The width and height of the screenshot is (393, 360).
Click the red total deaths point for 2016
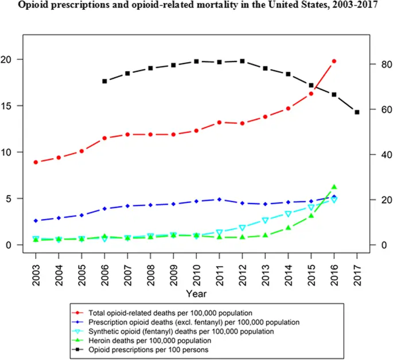(334, 61)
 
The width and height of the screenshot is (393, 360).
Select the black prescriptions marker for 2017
(357, 112)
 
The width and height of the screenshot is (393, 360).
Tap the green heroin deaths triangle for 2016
(334, 187)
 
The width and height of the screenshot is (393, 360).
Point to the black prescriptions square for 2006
(104, 81)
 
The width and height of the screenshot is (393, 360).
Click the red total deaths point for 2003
(36, 162)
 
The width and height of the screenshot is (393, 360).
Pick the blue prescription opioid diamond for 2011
(219, 199)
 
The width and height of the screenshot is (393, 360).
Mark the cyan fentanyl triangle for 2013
(265, 220)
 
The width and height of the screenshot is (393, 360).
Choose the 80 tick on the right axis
(380, 65)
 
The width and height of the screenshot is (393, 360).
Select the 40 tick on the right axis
(380, 155)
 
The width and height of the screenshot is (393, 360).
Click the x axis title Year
(196, 294)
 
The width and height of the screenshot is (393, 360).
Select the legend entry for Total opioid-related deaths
(162, 313)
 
